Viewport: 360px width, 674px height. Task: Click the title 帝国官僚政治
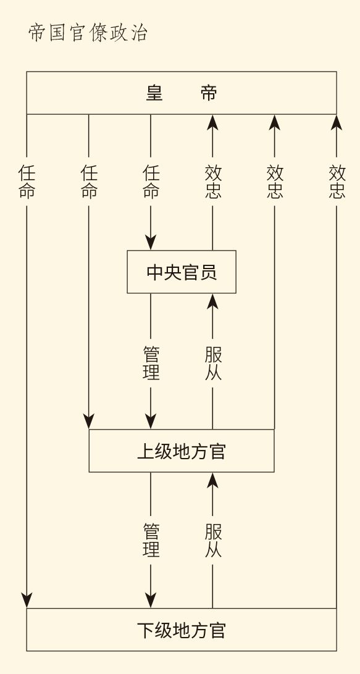pos(88,33)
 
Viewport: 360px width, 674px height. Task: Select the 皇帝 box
pos(182,93)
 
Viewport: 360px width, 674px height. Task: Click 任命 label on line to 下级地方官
pos(27,181)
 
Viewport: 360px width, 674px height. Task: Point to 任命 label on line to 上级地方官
pos(89,181)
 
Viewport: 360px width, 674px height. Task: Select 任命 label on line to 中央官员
pos(151,181)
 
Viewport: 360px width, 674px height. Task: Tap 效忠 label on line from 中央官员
pos(213,181)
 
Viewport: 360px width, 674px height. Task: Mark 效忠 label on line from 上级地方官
pos(275,181)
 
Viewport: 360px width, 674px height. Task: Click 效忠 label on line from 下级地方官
pos(337,181)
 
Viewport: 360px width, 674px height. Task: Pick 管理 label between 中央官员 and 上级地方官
pos(151,363)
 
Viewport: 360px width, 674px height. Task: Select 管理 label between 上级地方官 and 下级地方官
pos(151,540)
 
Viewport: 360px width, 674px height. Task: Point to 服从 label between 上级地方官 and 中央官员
pos(213,363)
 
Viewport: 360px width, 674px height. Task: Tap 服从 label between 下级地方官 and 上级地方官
pos(213,540)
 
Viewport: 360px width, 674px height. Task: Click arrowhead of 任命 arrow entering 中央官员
pos(151,243)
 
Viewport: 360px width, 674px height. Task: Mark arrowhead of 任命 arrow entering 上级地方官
pos(88,422)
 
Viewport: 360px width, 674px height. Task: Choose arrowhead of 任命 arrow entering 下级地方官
pos(27,601)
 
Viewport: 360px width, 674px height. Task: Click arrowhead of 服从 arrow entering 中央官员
pos(212,301)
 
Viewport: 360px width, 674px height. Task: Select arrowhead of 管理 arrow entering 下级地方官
pos(151,601)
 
